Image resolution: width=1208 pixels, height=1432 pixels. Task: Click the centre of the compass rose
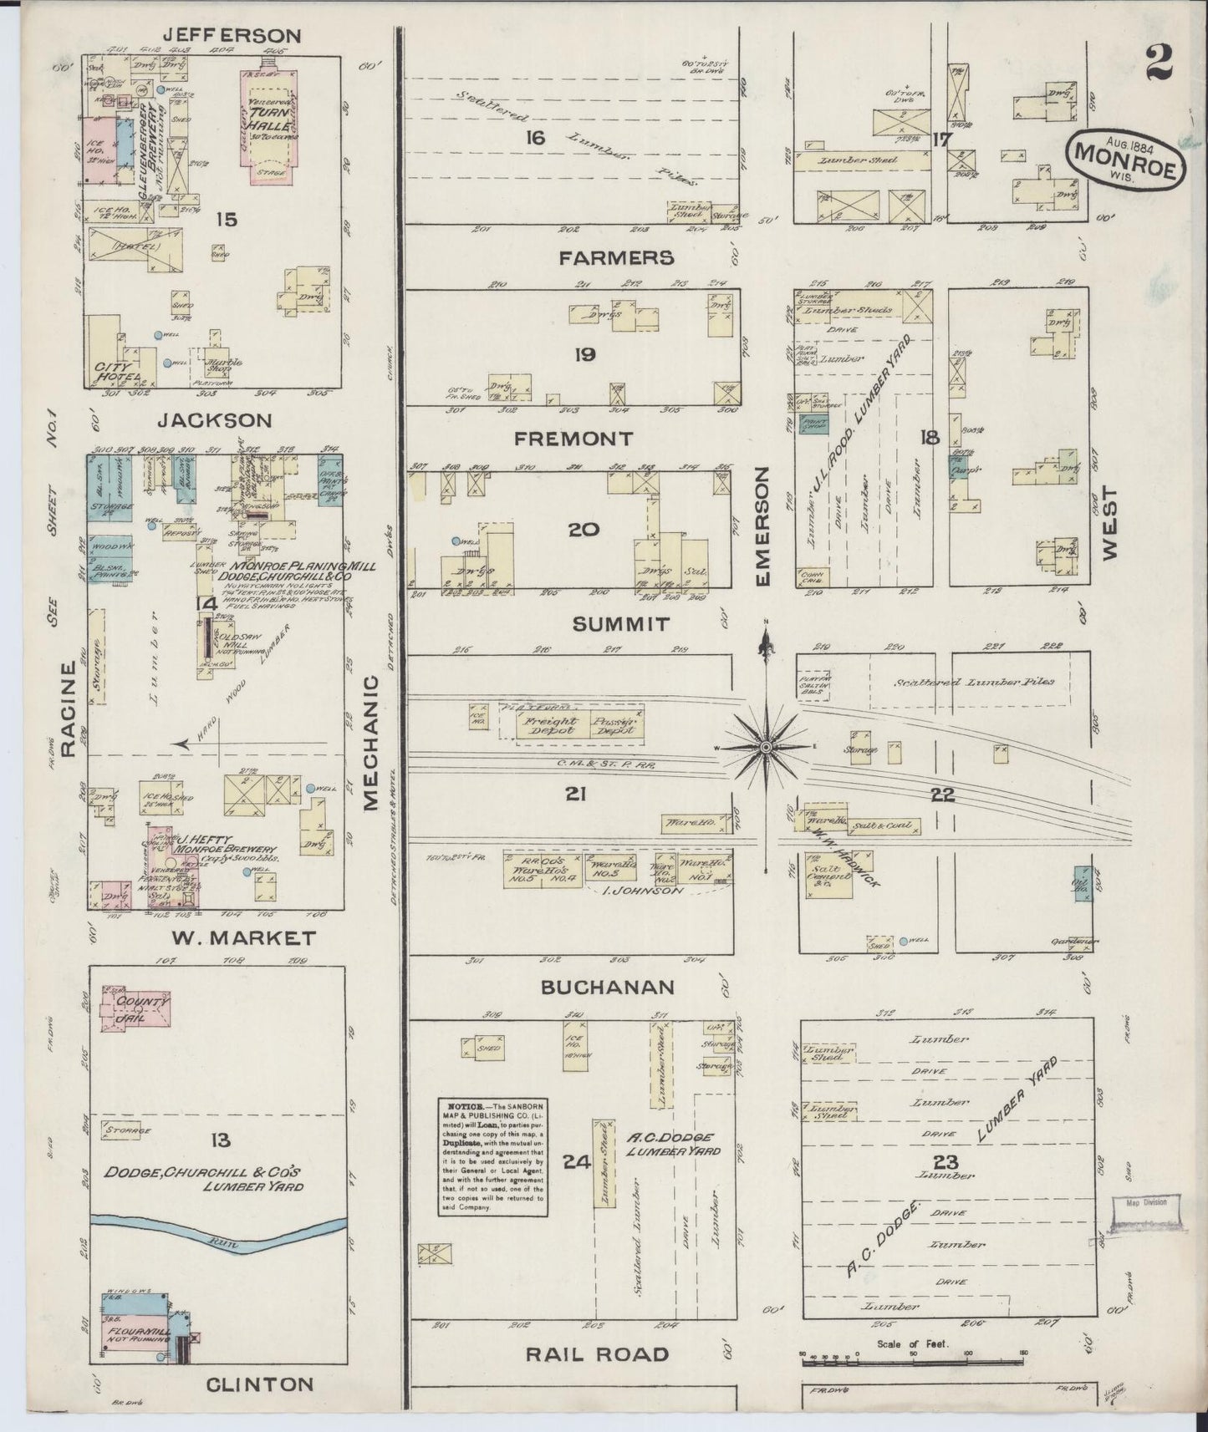(766, 745)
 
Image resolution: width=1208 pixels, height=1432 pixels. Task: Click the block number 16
(535, 137)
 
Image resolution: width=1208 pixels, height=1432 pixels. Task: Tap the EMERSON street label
(763, 526)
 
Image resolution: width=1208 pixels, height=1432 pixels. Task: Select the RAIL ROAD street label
(597, 1354)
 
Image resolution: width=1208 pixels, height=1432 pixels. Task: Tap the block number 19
(584, 354)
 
